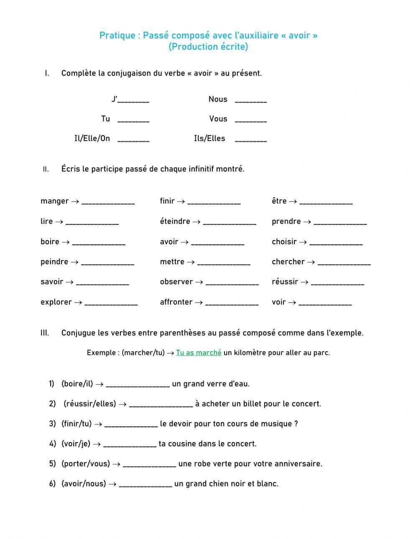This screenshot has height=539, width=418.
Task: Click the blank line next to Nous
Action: (251, 101)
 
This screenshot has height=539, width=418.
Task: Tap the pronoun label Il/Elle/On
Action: (92, 139)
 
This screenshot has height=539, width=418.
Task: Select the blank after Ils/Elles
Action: (251, 140)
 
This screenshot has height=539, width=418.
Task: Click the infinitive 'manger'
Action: (54, 201)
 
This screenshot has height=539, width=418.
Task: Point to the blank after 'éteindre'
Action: (229, 223)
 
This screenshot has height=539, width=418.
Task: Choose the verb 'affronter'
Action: (176, 302)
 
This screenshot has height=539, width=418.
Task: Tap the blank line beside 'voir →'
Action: (325, 304)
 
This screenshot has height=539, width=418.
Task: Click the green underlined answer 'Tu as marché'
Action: (199, 352)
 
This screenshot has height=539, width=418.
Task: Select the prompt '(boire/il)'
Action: (77, 384)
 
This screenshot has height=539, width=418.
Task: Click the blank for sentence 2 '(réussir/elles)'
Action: (161, 405)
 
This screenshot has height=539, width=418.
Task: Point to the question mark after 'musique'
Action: (296, 424)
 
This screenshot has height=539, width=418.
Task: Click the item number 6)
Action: (52, 483)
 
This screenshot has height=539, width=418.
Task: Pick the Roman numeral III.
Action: (45, 333)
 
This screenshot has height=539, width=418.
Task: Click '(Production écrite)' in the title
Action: (208, 47)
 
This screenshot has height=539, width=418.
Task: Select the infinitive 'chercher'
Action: (288, 262)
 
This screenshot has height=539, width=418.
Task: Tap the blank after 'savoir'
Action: (102, 283)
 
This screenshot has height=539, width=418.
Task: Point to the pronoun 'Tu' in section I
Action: (105, 119)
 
